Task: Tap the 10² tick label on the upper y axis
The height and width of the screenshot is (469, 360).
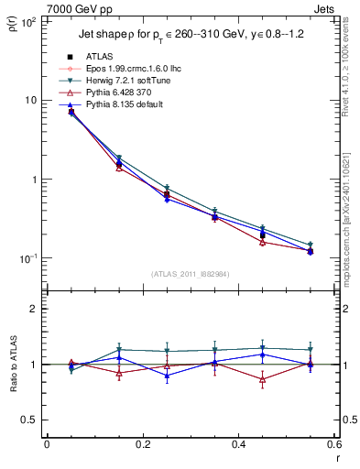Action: click(x=27, y=21)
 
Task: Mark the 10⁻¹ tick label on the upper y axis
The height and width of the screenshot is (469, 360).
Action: click(x=27, y=258)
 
